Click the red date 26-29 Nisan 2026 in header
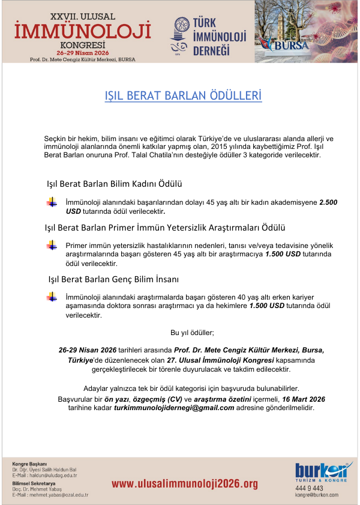[82, 53]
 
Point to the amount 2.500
[328, 203]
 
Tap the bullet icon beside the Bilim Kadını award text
[52, 203]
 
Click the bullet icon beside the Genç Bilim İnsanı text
[52, 298]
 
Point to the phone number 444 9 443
[308, 488]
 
